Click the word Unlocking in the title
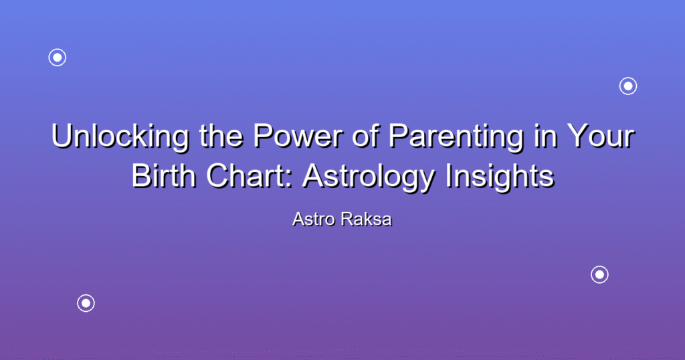(x=120, y=137)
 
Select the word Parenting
(x=456, y=137)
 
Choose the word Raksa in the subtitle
(x=367, y=219)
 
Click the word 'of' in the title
(x=366, y=136)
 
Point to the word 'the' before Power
(x=221, y=136)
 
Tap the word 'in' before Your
(x=545, y=136)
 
